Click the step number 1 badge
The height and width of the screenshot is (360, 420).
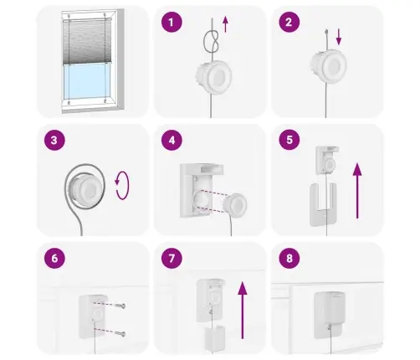(172, 22)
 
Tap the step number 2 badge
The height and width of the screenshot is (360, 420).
(289, 22)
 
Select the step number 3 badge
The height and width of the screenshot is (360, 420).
(54, 140)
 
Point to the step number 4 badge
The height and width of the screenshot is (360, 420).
(172, 140)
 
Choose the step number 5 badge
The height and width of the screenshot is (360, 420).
(289, 140)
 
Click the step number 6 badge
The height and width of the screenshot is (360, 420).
(54, 258)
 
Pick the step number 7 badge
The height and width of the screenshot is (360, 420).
(172, 258)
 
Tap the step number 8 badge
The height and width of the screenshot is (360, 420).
(289, 258)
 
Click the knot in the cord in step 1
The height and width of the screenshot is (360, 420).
(212, 42)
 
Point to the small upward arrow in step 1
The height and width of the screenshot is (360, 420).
(225, 24)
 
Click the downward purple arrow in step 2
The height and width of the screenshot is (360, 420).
(339, 37)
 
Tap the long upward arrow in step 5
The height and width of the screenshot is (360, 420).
(357, 191)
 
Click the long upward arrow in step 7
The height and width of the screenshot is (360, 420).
(243, 310)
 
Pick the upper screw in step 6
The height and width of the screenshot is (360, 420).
(121, 306)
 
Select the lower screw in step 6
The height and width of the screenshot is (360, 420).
(121, 333)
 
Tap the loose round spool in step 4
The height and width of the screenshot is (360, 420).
(235, 204)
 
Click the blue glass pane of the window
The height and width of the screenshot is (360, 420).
(87, 81)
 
